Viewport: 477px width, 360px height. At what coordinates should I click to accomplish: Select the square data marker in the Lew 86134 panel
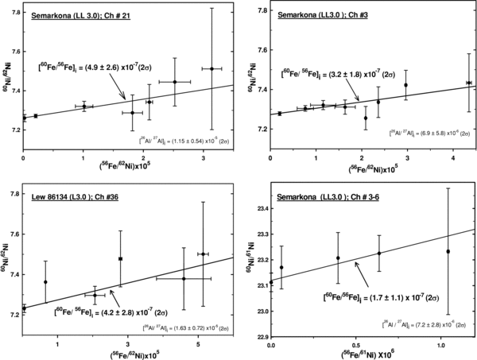click(x=120, y=258)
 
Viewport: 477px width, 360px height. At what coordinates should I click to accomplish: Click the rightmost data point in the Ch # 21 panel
click(x=212, y=69)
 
